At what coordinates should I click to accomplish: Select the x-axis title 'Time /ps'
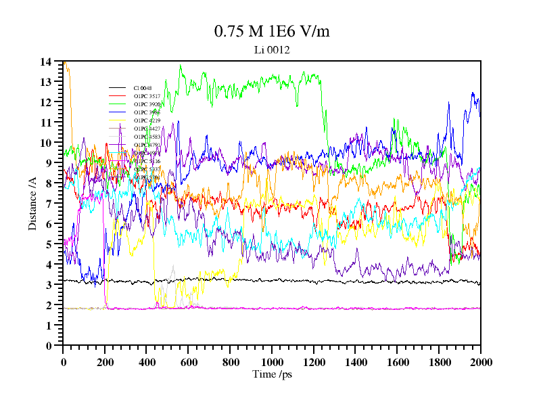(x=272, y=374)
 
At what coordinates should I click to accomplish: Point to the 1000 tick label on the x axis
(x=272, y=362)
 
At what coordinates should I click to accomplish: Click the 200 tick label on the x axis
(x=105, y=362)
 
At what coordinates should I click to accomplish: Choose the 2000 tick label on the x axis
(x=480, y=362)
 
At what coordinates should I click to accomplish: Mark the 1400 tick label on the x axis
(x=355, y=362)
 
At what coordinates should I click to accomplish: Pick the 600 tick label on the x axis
(x=189, y=362)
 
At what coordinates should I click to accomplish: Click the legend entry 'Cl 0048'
(x=143, y=88)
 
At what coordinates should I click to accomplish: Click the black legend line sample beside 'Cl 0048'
(x=117, y=88)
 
